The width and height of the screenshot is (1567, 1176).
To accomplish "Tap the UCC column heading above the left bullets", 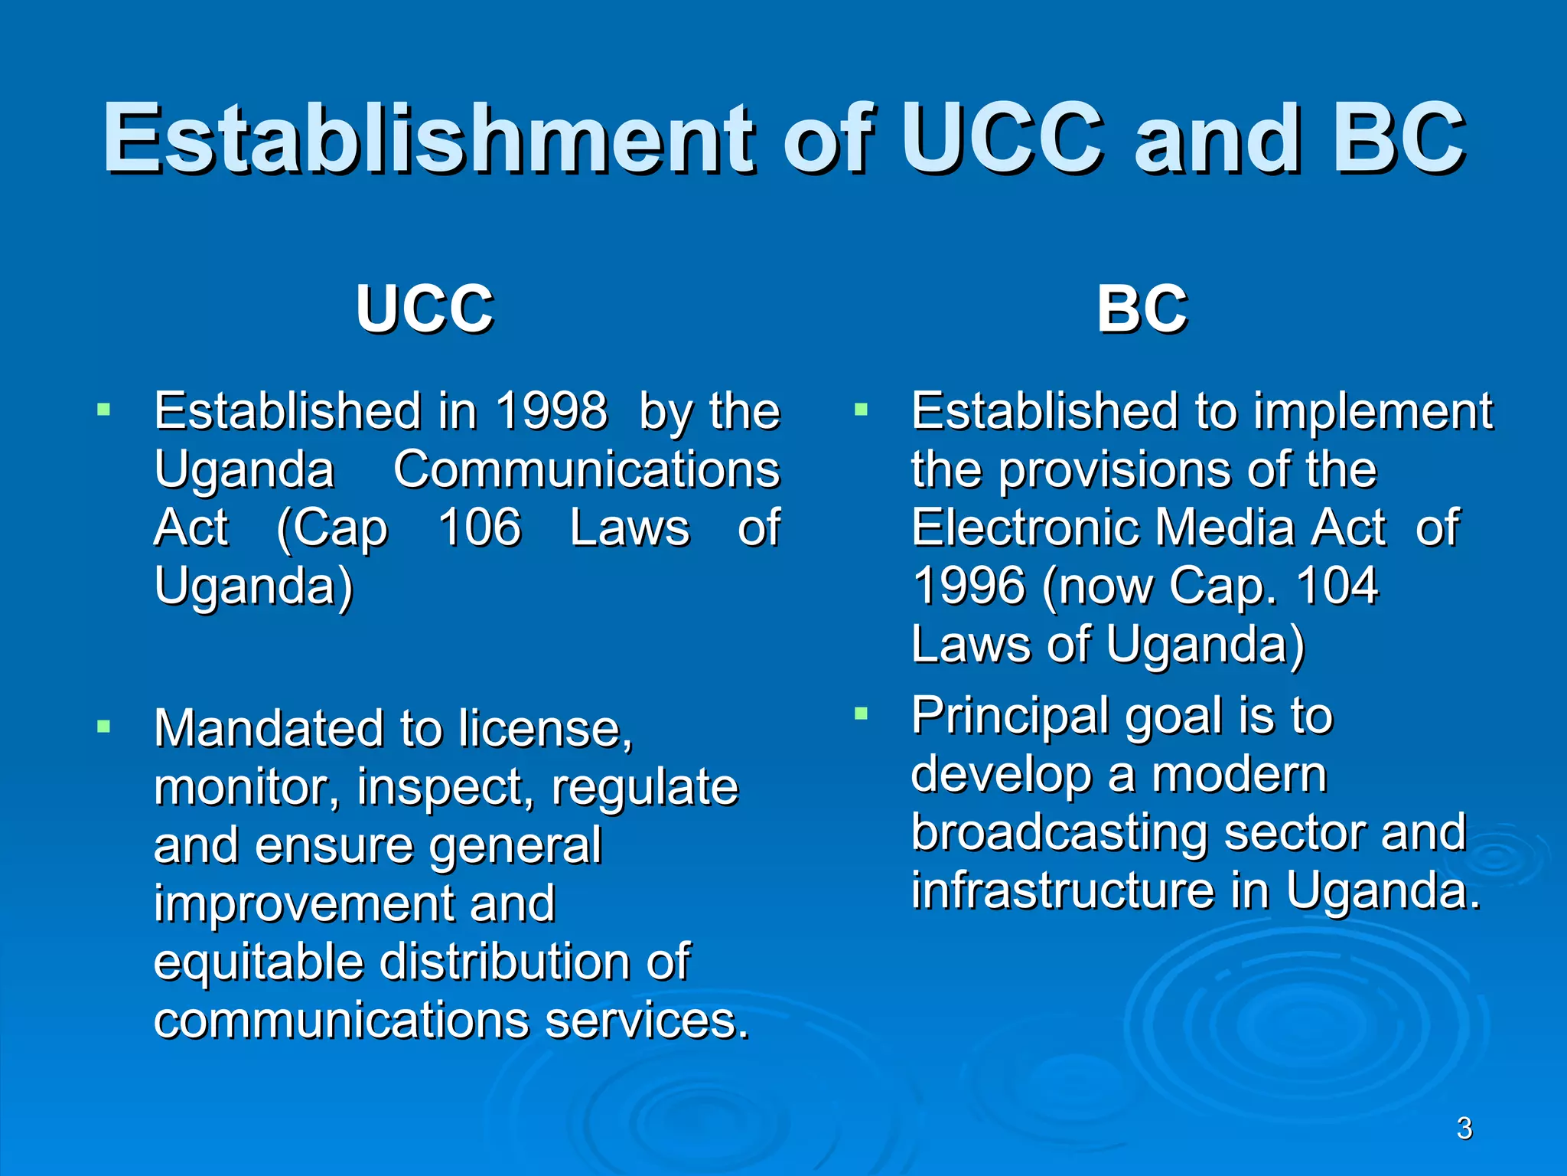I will point(425,309).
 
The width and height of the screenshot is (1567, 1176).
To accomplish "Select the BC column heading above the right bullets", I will point(1142,309).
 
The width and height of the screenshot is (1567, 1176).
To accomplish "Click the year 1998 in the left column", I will point(552,411).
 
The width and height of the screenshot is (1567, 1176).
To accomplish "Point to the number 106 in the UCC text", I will point(480,528).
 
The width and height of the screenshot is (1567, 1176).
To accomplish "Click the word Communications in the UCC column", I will point(586,469).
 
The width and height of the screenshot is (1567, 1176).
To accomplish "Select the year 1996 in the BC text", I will point(969,586).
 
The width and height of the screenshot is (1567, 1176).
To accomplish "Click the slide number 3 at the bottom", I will point(1464,1129).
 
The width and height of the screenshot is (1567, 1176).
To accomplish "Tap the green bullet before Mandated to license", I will point(104,725).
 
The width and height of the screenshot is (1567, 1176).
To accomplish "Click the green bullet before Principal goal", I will point(862,714).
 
